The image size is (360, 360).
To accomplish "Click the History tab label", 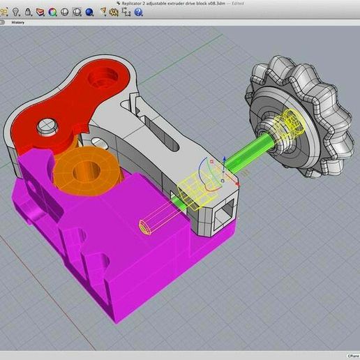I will [x=18, y=22].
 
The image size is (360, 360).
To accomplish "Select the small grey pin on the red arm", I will [x=47, y=126].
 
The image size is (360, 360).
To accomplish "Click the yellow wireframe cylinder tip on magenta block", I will [x=144, y=227].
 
